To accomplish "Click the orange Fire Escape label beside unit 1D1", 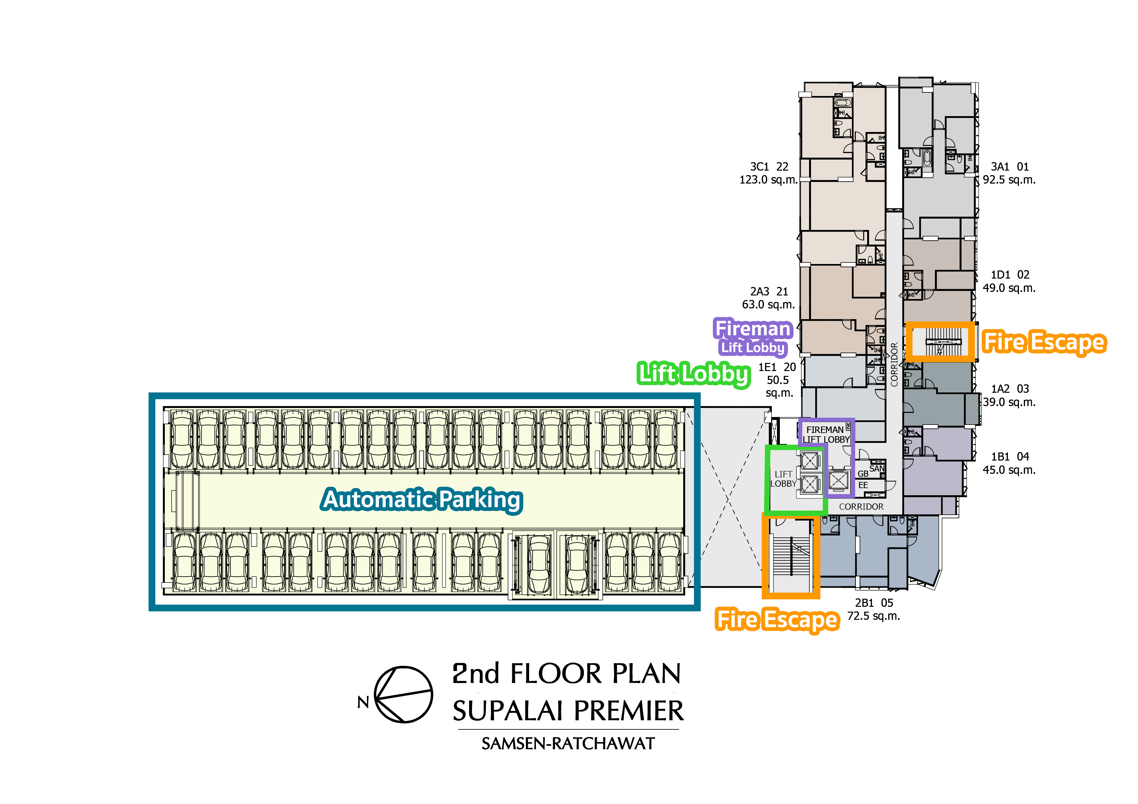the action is tap(1044, 342).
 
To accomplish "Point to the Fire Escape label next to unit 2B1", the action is tap(777, 620).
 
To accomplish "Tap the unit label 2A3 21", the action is tap(769, 292).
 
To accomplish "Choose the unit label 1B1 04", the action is tap(1010, 457).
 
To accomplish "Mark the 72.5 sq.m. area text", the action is tap(873, 616).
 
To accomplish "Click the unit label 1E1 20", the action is tap(777, 367).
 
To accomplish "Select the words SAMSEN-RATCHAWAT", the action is tap(568, 744).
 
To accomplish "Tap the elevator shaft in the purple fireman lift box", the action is tap(839, 480).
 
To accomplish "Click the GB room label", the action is tap(863, 474).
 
